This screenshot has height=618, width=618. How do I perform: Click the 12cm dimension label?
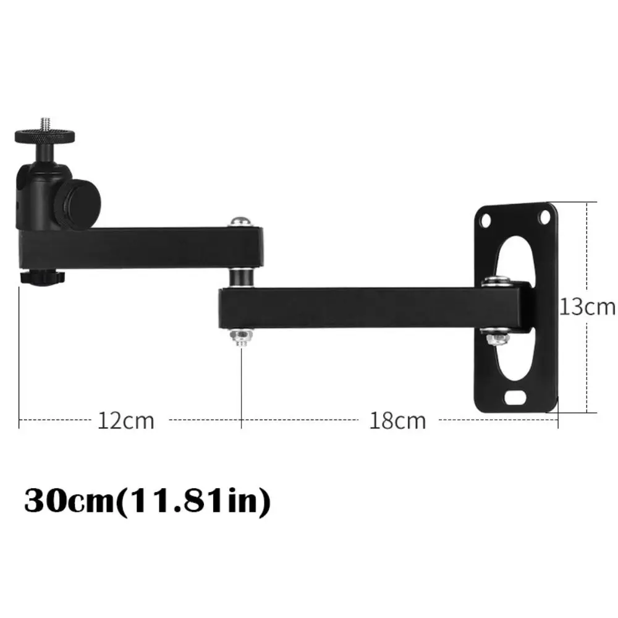click(x=125, y=421)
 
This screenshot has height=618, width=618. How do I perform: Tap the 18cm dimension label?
click(x=398, y=421)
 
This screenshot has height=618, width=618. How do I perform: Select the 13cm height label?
click(x=588, y=307)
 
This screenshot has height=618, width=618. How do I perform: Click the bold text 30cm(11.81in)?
click(x=148, y=501)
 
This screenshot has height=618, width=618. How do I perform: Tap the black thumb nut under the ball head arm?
click(x=40, y=277)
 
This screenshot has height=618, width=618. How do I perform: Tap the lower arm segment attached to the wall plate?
click(x=358, y=307)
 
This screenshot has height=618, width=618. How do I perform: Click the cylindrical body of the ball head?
click(x=41, y=192)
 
